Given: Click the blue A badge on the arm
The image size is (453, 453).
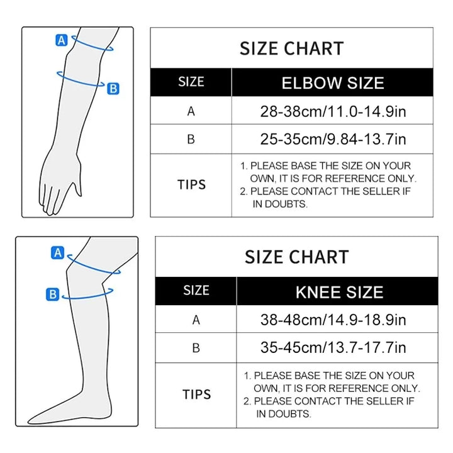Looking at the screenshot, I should [x=62, y=40].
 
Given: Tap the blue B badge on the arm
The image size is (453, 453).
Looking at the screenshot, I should [x=113, y=89].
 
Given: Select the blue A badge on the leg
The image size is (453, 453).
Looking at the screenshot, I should [x=57, y=253].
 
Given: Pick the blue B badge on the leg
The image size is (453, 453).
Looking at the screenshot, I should [x=53, y=294].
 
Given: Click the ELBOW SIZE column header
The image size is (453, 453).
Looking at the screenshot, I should [x=333, y=83].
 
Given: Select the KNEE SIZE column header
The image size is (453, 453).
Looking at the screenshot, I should [x=339, y=292].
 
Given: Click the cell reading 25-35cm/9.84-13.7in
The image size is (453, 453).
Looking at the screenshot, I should [x=333, y=138].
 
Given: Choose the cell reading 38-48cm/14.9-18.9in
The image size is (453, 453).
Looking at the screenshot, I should [x=334, y=320].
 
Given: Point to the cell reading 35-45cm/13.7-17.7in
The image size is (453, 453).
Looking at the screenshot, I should [x=333, y=347].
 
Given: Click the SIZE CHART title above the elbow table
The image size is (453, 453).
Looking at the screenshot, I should [x=291, y=48].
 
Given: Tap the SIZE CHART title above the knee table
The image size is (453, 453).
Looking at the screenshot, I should [x=296, y=257].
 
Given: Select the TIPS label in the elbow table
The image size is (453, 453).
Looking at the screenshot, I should [x=191, y=184].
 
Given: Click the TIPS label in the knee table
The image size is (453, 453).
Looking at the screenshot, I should [x=196, y=394].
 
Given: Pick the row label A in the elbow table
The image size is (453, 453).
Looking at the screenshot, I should [x=191, y=112].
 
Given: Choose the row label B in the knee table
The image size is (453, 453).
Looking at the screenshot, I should [x=196, y=347].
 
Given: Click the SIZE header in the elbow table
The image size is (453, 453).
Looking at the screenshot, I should [x=191, y=82].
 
